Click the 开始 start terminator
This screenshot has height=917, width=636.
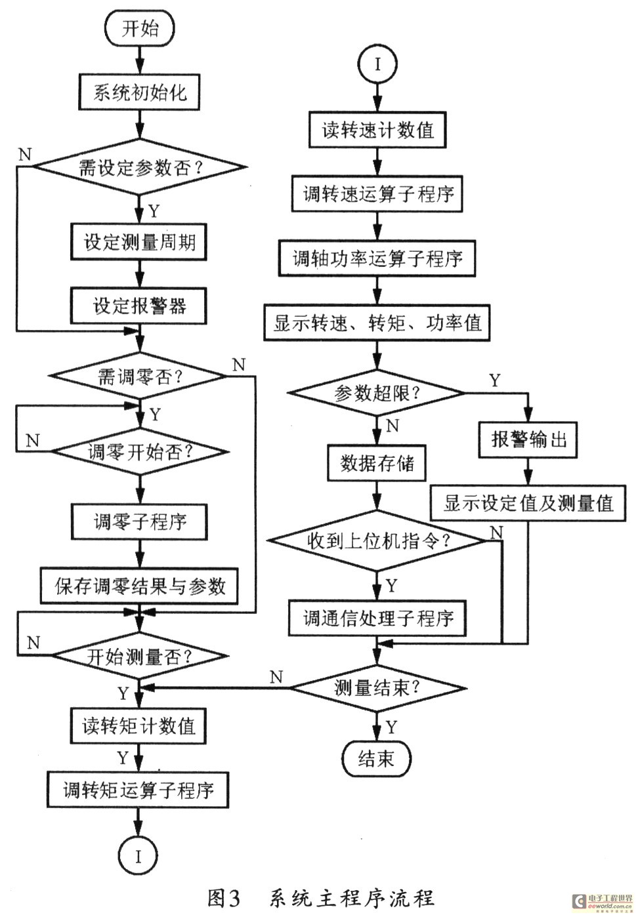[140, 29]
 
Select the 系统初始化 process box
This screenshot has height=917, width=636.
[139, 92]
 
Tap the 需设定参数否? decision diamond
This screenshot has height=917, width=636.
[140, 168]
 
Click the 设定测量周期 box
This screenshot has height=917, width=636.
[139, 241]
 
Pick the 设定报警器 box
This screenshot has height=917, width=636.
[139, 306]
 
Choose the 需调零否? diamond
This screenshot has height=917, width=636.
[139, 377]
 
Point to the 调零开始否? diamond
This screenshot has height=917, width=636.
[140, 452]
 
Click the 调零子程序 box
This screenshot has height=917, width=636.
[139, 522]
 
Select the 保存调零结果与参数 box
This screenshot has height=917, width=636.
[139, 586]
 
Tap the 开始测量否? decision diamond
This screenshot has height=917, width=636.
[140, 656]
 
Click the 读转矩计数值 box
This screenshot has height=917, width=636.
[138, 725]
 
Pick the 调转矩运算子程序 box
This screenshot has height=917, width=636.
[138, 790]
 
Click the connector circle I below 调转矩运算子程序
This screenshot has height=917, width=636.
[138, 856]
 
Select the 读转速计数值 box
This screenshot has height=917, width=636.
[377, 130]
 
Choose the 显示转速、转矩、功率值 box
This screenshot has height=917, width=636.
[377, 323]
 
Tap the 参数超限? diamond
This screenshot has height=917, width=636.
[377, 394]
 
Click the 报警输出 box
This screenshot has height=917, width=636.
[529, 439]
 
